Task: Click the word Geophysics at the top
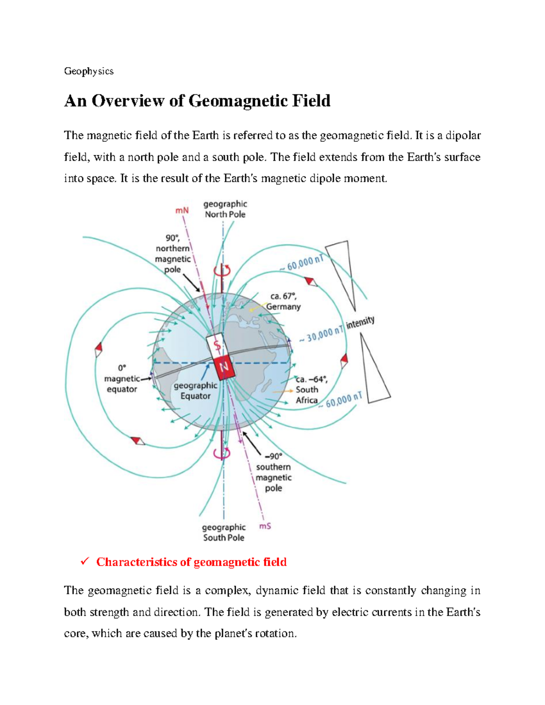point(89,71)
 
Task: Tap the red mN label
point(182,211)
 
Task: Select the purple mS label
point(265,526)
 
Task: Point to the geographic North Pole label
point(225,209)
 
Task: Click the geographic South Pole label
point(223,532)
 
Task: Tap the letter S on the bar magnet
point(218,346)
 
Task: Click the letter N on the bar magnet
point(224,367)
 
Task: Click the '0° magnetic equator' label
point(122,379)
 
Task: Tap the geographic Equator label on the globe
point(195,390)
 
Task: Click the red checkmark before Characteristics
point(84,562)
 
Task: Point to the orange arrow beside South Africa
point(282,391)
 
